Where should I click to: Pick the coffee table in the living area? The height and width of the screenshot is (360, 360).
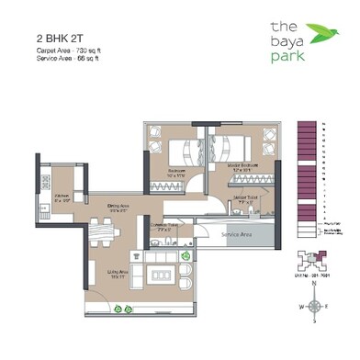[x=162, y=275]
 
